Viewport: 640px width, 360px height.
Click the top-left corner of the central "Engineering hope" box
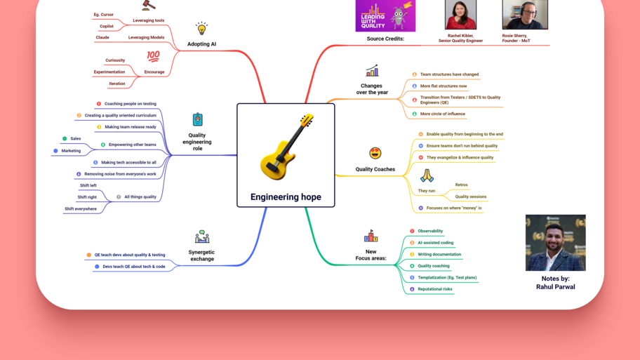(x=237, y=104)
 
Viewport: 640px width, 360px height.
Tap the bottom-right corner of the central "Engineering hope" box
(x=335, y=207)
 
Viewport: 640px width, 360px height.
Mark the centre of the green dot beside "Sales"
(x=65, y=139)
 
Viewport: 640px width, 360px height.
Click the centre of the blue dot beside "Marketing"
(x=55, y=151)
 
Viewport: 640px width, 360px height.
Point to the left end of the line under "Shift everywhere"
(x=63, y=213)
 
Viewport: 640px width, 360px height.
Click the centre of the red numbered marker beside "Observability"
(x=412, y=231)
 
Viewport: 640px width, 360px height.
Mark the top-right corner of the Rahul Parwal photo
(x=586, y=215)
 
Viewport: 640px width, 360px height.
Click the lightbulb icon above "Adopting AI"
(x=201, y=29)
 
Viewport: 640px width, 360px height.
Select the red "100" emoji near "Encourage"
(x=153, y=56)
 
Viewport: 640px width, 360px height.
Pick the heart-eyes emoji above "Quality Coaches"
(x=375, y=154)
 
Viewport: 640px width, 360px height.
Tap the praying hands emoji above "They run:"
(x=427, y=175)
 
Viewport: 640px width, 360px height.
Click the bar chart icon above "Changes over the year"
(x=372, y=71)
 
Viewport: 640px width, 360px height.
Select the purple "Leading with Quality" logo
(x=385, y=15)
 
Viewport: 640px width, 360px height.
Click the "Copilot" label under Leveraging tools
(x=107, y=26)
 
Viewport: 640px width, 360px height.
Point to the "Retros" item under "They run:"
(x=461, y=185)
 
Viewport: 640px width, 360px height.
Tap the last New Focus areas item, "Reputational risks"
(x=435, y=289)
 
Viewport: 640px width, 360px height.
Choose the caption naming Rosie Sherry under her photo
(x=516, y=38)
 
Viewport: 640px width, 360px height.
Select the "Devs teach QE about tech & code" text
(x=134, y=267)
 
